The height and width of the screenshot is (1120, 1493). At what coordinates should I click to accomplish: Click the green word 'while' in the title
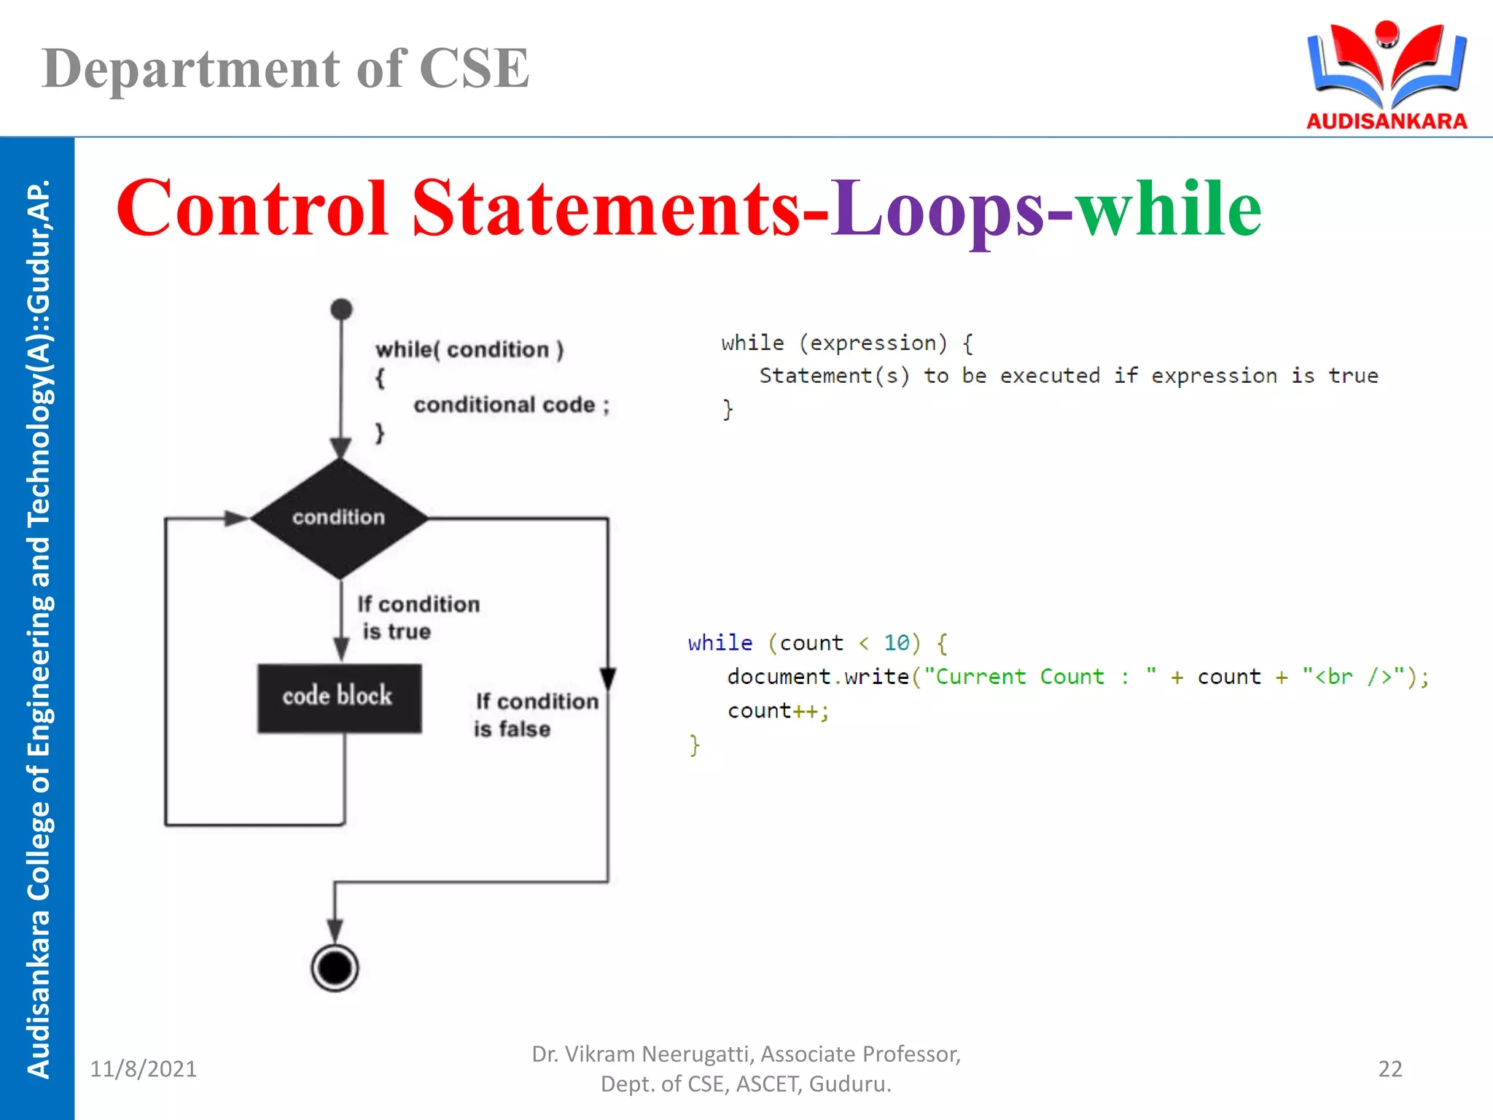click(1169, 209)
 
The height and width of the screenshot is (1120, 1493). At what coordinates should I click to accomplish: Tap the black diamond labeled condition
click(339, 518)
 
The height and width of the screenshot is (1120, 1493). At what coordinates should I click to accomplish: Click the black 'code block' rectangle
click(339, 697)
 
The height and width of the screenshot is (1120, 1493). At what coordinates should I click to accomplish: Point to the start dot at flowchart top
click(341, 309)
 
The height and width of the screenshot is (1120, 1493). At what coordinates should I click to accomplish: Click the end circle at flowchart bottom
click(335, 968)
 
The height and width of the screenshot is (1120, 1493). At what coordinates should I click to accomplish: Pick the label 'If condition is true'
click(418, 617)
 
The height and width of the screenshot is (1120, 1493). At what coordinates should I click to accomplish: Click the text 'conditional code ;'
click(510, 405)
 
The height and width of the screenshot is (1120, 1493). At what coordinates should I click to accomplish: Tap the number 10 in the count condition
click(896, 642)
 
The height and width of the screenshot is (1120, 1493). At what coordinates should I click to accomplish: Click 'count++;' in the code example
click(778, 710)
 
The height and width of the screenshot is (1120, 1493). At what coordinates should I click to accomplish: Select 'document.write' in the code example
click(817, 677)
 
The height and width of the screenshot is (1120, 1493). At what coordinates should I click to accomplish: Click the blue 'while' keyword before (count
click(720, 642)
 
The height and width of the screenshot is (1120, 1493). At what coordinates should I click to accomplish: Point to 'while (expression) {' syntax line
click(846, 343)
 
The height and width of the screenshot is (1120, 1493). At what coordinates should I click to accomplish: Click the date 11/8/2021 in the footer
click(143, 1068)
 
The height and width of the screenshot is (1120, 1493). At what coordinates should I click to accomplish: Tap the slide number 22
click(1389, 1068)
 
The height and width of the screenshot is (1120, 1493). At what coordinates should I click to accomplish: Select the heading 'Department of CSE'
click(286, 69)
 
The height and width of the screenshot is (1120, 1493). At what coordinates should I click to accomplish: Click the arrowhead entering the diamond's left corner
click(237, 518)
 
